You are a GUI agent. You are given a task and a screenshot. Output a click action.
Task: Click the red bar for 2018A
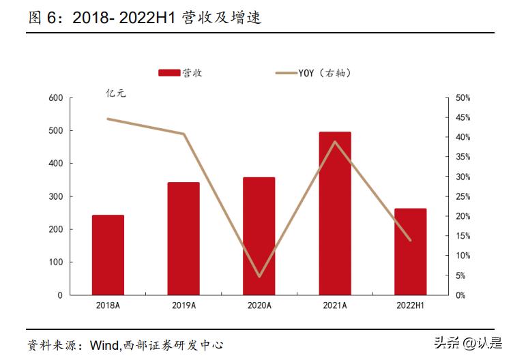(108, 255)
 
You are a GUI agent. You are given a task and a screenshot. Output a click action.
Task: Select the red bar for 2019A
(184, 239)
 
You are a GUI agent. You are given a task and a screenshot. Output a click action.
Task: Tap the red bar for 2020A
(259, 236)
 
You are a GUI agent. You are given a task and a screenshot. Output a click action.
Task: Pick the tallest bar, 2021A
(335, 213)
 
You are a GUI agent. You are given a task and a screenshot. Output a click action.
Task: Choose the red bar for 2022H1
(410, 252)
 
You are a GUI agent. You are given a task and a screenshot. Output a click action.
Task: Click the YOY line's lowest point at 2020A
(259, 277)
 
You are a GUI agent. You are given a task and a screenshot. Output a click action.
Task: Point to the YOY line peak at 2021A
(335, 142)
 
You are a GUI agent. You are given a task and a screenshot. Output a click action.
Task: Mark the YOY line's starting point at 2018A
(108, 119)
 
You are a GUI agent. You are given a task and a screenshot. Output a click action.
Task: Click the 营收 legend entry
(180, 73)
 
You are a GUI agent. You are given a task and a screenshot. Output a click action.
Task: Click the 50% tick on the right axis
(463, 98)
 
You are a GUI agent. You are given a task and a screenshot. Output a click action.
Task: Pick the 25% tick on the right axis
(463, 196)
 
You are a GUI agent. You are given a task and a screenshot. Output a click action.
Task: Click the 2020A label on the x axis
(259, 306)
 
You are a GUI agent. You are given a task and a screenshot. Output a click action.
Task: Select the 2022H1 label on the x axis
(410, 306)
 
